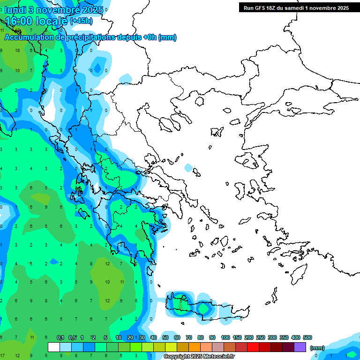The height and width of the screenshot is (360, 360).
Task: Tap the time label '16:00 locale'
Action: click(36, 21)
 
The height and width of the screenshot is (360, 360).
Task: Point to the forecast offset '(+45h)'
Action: click(81, 21)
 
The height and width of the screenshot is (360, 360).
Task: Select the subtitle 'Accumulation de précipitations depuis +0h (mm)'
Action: click(90, 37)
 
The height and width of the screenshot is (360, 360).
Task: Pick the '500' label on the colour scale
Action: click(307, 337)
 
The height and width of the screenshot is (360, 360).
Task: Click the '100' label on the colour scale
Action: click(225, 337)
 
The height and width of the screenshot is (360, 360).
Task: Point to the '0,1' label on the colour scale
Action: click(60, 337)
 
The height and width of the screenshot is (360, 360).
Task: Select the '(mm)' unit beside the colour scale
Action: click(317, 348)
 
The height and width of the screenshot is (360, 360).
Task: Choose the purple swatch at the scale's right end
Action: click(300, 347)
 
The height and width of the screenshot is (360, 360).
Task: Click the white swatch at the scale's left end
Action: click(54, 347)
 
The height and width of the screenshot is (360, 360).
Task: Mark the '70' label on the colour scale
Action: click(189, 337)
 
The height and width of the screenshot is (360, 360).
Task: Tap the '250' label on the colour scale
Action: click(260, 337)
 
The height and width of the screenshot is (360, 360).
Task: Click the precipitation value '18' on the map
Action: click(17, 50)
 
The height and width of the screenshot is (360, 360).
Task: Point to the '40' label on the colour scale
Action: click(154, 337)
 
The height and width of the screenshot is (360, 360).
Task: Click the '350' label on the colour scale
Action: click(284, 337)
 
